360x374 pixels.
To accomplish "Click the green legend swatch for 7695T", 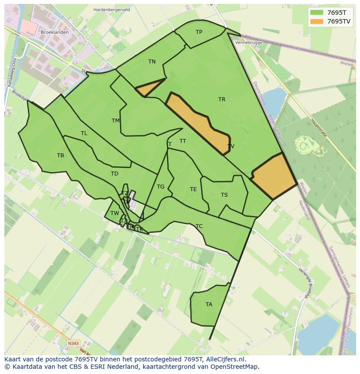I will [x=317, y=13].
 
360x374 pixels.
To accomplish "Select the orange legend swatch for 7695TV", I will [x=317, y=21].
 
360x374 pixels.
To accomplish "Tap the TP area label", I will [x=199, y=32].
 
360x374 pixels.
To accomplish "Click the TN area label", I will [x=152, y=62].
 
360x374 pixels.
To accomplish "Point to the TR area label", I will [x=222, y=99].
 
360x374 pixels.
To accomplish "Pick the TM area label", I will [x=116, y=121].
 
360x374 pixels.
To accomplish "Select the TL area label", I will [x=84, y=133].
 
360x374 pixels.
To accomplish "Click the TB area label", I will [x=60, y=156].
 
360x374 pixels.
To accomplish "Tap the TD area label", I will [x=114, y=174].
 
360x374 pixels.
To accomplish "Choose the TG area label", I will [x=160, y=187].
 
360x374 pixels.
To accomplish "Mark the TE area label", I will [x=193, y=189].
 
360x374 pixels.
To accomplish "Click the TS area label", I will [x=224, y=195].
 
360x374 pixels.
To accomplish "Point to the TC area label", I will [x=199, y=226].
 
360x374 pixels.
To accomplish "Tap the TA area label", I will [x=209, y=304].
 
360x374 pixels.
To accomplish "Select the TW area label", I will [x=114, y=213].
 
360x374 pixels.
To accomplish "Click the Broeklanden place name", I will [x=54, y=33].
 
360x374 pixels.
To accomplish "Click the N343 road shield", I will [x=73, y=344].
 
